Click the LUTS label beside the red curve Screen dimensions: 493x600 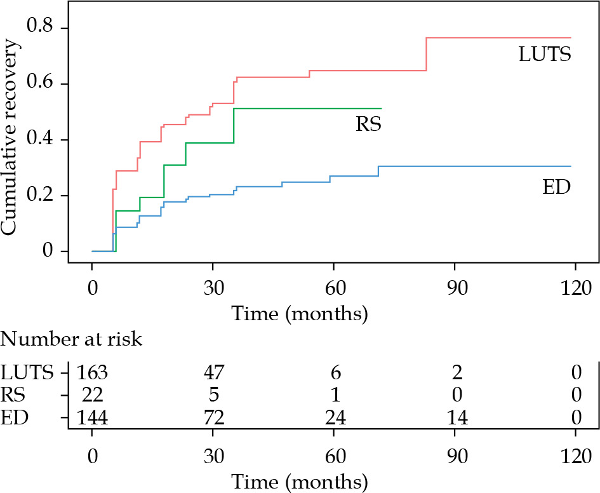click(x=545, y=55)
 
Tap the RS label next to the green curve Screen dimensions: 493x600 click(x=368, y=124)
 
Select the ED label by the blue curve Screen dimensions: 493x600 click(x=556, y=187)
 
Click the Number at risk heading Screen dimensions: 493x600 click(x=72, y=339)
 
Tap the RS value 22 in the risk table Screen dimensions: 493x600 click(x=92, y=395)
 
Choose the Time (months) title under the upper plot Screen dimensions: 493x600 click(x=300, y=313)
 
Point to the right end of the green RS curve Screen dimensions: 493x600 click(x=381, y=109)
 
